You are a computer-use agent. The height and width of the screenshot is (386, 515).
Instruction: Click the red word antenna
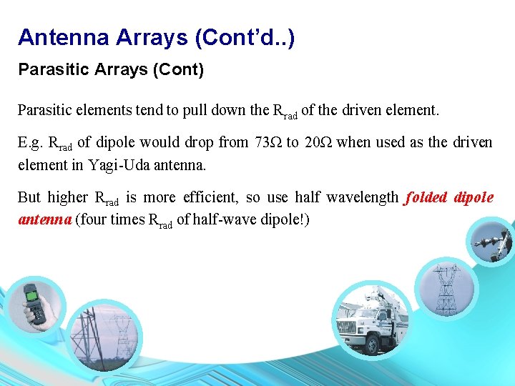44,219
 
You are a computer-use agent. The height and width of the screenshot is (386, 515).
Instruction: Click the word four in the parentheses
93,219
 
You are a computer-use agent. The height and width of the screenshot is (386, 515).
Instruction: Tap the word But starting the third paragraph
29,197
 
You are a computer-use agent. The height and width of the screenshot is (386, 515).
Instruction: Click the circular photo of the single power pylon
445,289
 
